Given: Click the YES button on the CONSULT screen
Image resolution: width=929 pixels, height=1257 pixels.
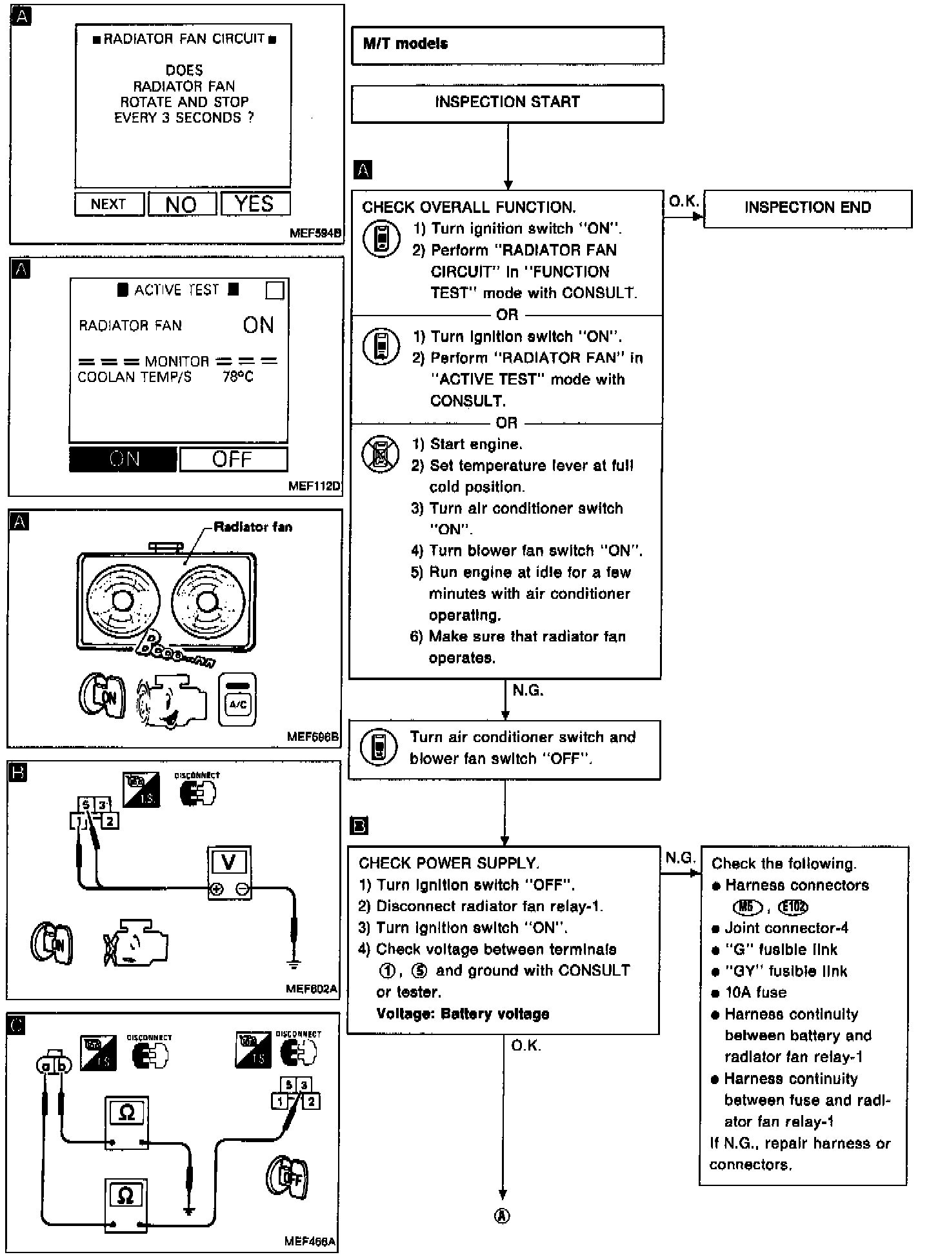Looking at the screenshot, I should coord(255,204).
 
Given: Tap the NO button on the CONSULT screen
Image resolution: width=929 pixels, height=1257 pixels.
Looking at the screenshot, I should coord(182,205).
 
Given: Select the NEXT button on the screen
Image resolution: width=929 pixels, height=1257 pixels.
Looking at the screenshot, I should coord(108,205).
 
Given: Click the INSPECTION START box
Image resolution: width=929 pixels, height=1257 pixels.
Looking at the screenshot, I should coord(507,103).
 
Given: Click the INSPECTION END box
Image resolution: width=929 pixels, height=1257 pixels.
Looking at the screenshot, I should coord(807,208).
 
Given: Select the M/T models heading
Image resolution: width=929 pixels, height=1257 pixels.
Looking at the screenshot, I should coord(405,44).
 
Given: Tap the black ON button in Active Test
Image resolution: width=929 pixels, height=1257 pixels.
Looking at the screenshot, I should coord(123,459).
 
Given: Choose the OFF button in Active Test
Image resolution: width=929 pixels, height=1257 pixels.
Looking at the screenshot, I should coord(233,459).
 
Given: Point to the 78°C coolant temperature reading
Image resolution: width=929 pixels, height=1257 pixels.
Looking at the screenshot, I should coord(238,377).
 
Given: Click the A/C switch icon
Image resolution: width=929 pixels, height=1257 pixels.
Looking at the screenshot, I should coord(237,699).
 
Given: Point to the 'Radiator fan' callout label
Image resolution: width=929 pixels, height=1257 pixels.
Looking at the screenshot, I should coord(253,527).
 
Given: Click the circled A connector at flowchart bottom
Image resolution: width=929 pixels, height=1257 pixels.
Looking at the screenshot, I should coord(503,1216).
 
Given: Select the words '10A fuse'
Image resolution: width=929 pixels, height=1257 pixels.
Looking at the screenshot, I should coord(755,992).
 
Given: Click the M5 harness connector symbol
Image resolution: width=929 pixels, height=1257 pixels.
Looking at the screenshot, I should coord(747,907).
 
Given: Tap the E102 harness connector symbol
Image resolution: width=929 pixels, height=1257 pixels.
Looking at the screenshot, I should coord(793,907).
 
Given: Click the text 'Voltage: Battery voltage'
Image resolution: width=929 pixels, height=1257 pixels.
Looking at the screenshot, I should coord(463,1014).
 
